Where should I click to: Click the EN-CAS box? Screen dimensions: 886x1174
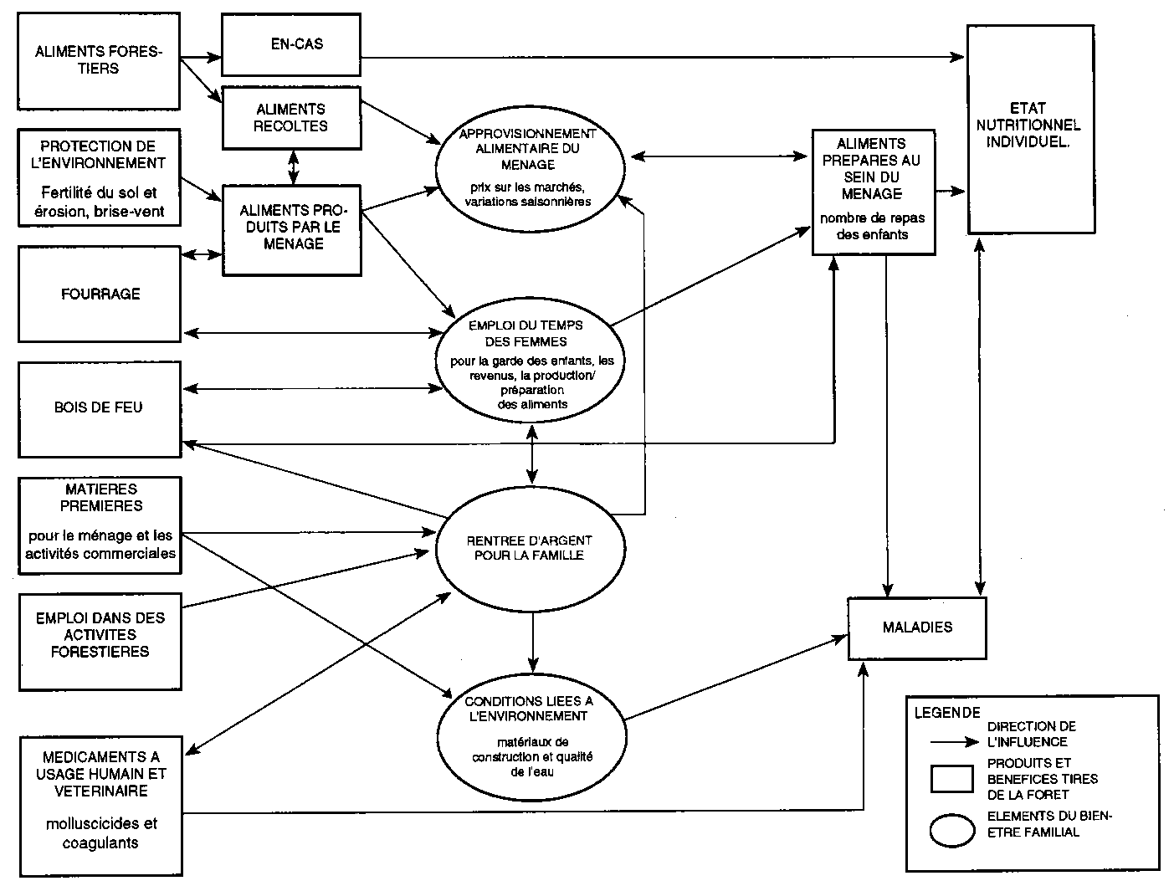click(x=290, y=44)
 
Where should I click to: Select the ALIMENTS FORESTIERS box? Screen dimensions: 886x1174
click(x=99, y=60)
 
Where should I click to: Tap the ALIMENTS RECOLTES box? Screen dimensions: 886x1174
click(x=290, y=117)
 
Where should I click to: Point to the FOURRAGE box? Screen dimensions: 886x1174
click(x=100, y=294)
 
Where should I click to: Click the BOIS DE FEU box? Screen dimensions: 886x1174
click(x=100, y=408)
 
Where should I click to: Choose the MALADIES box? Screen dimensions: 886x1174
click(x=917, y=627)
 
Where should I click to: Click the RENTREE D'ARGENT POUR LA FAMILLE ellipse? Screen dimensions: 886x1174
click(x=531, y=548)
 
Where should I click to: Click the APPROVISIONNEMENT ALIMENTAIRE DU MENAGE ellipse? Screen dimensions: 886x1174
click(x=531, y=167)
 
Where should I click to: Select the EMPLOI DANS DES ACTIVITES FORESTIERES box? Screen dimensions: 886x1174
click(x=100, y=635)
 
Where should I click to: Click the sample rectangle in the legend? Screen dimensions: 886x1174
click(x=951, y=779)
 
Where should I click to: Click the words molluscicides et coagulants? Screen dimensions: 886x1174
click(x=100, y=833)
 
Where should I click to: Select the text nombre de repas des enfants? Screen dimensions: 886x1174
click(x=873, y=227)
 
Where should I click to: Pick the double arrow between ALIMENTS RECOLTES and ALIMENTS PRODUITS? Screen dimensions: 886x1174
click(x=292, y=166)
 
